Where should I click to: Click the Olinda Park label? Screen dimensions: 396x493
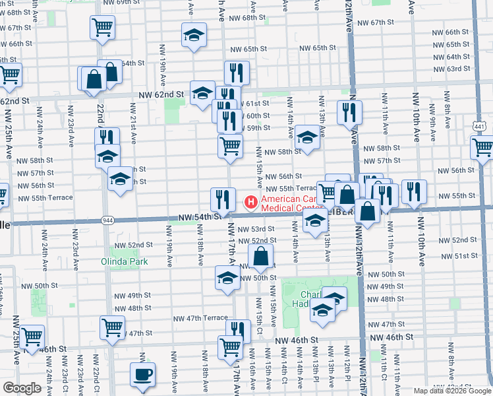(125, 261)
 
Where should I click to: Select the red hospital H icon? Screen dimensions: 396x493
(251, 201)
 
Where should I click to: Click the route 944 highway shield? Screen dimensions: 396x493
(105, 219)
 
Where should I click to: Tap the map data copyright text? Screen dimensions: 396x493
(451, 391)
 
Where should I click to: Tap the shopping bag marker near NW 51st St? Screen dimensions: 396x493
(261, 257)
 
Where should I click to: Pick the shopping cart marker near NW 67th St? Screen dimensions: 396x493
(102, 28)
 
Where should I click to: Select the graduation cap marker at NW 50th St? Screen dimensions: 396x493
(227, 278)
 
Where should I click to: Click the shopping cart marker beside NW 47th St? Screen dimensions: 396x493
(112, 327)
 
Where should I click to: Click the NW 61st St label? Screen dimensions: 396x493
(256, 104)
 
